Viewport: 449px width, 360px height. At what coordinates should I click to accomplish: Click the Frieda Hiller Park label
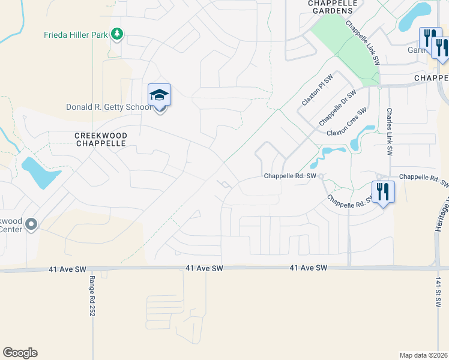coord(76,35)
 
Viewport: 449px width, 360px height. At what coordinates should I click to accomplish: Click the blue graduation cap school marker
coord(160,95)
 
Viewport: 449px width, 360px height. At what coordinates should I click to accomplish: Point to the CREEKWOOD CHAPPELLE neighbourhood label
coord(100,140)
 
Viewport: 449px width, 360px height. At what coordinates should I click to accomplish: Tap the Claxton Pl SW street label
coord(317,91)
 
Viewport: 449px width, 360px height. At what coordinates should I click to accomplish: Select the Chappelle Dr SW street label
coord(337,107)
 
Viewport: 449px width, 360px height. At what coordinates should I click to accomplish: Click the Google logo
coord(20,353)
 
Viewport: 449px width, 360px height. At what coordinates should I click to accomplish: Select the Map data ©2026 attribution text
coord(424,355)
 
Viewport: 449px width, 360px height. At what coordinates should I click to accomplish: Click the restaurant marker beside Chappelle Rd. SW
coord(383,192)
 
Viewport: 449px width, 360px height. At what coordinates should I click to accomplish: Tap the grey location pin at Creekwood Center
coord(32,224)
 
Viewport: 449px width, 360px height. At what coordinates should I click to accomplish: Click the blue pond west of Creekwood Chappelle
coord(39,172)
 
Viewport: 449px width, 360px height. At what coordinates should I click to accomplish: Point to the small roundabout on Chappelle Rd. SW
coord(321,176)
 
